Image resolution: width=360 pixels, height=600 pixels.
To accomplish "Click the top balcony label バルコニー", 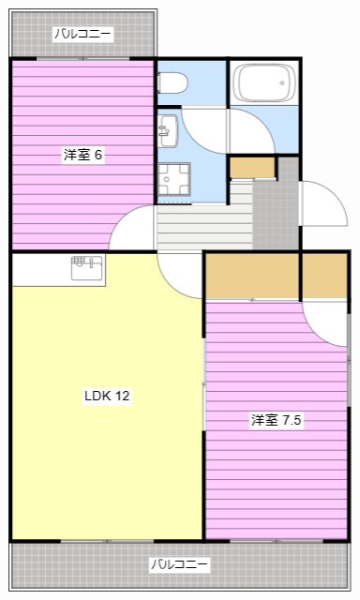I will (82, 35).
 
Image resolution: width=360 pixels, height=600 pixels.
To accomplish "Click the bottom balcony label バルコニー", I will (180, 564).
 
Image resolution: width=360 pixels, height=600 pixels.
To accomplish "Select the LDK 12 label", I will (107, 396).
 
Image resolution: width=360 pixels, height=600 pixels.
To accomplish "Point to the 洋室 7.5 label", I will (276, 420).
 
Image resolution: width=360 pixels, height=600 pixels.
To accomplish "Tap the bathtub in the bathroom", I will (263, 83).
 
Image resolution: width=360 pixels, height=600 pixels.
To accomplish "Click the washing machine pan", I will (172, 179).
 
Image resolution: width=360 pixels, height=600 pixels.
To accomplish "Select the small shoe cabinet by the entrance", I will (252, 168).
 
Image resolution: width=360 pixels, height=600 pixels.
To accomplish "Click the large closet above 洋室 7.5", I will (251, 276).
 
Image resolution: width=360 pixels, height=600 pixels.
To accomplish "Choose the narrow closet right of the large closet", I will (324, 276).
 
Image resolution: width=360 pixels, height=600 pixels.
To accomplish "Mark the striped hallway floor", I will (202, 225).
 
